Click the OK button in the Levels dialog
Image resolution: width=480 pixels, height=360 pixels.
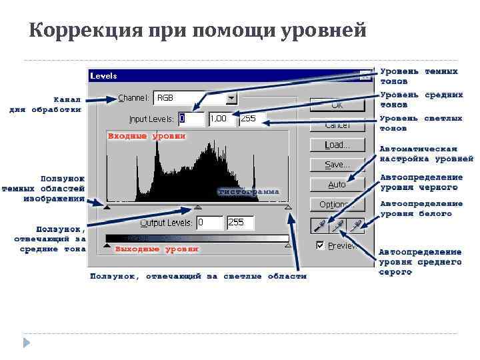pyautogui.click(x=337, y=105)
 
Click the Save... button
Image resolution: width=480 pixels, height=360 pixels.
pyautogui.click(x=337, y=164)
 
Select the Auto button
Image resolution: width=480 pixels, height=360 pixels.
pyautogui.click(x=337, y=184)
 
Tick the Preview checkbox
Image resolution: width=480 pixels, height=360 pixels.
pyautogui.click(x=321, y=245)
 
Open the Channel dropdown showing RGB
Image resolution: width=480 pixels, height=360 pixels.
pyautogui.click(x=231, y=98)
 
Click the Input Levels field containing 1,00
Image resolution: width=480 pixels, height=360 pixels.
pyautogui.click(x=221, y=119)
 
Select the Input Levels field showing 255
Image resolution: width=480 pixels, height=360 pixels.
pyautogui.click(x=251, y=119)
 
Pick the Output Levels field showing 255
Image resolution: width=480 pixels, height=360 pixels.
pyautogui.click(x=241, y=222)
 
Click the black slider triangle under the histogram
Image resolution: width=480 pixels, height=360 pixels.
pyautogui.click(x=107, y=208)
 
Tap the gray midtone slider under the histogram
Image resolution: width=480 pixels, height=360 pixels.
pyautogui.click(x=197, y=208)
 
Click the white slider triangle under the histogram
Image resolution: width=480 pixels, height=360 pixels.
pyautogui.click(x=288, y=208)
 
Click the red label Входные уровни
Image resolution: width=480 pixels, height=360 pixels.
pyautogui.click(x=147, y=136)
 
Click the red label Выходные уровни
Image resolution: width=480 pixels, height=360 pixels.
pyautogui.click(x=157, y=249)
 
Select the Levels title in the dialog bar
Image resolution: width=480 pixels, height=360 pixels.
pyautogui.click(x=104, y=76)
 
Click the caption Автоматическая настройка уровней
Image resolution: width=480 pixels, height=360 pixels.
pyautogui.click(x=426, y=154)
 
